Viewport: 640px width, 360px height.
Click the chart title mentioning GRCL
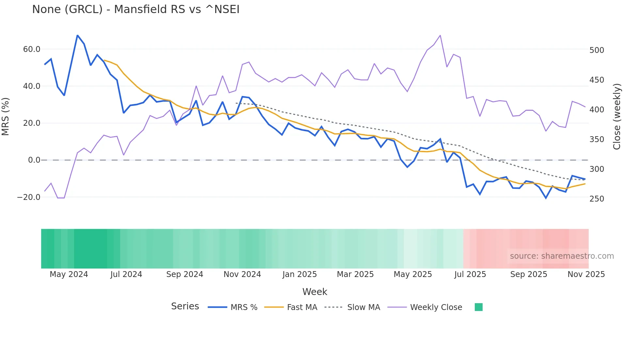[x=136, y=9]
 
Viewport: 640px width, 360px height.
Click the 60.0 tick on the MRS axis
[x=32, y=49]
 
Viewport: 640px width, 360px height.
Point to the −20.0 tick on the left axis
[x=29, y=197]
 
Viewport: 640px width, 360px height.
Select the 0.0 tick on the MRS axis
[x=34, y=160]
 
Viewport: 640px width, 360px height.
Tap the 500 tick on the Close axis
[x=597, y=50]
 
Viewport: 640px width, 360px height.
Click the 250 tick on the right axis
[x=597, y=199]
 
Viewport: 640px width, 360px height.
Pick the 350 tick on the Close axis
[x=597, y=139]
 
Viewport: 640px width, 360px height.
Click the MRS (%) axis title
[x=6, y=116]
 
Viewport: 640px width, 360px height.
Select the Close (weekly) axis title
[x=616, y=117]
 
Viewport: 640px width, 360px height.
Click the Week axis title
[x=314, y=292]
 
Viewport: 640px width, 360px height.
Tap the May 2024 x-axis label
[x=69, y=274]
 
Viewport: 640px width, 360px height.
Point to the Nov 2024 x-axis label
[x=242, y=274]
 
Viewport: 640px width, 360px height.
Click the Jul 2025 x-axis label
[x=470, y=274]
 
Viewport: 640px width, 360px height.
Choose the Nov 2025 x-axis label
[x=586, y=274]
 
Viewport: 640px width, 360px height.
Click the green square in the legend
[x=478, y=307]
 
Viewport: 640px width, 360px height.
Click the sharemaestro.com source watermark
[x=562, y=256]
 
